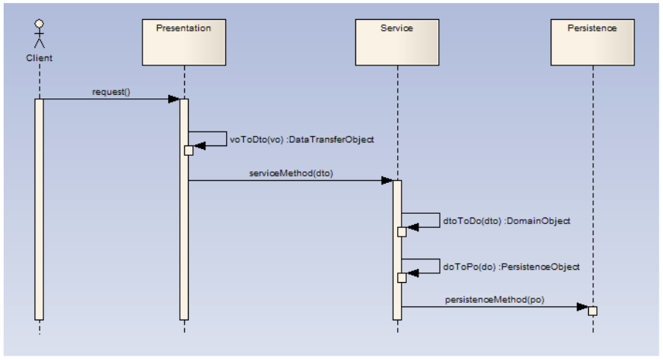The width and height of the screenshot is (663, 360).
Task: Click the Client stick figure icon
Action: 40,34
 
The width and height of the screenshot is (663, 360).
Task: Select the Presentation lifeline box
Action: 184,43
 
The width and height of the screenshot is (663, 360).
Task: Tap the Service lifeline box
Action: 397,43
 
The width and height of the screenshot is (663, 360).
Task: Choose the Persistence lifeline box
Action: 593,43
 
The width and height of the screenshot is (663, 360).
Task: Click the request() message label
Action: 111,92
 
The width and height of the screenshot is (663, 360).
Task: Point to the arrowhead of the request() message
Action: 174,99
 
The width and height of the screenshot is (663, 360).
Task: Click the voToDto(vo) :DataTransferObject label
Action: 302,140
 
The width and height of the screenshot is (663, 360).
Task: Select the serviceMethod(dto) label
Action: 291,173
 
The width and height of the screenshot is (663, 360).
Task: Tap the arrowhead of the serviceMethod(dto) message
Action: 387,181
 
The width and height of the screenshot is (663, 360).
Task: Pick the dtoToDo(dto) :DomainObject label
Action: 507,221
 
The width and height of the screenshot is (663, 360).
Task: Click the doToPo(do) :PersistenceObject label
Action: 511,267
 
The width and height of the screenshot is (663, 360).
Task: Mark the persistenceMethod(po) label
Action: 495,300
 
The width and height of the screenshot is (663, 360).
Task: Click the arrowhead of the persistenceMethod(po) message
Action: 582,307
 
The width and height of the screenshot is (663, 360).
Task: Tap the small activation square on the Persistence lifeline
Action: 593,312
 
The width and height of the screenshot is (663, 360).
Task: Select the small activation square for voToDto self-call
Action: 189,151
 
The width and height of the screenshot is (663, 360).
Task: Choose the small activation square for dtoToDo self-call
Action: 402,232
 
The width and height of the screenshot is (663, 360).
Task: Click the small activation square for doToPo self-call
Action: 402,278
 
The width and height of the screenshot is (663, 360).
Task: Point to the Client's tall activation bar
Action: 40,209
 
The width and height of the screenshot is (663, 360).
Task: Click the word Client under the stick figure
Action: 40,58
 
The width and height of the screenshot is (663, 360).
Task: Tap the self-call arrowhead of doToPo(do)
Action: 413,273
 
